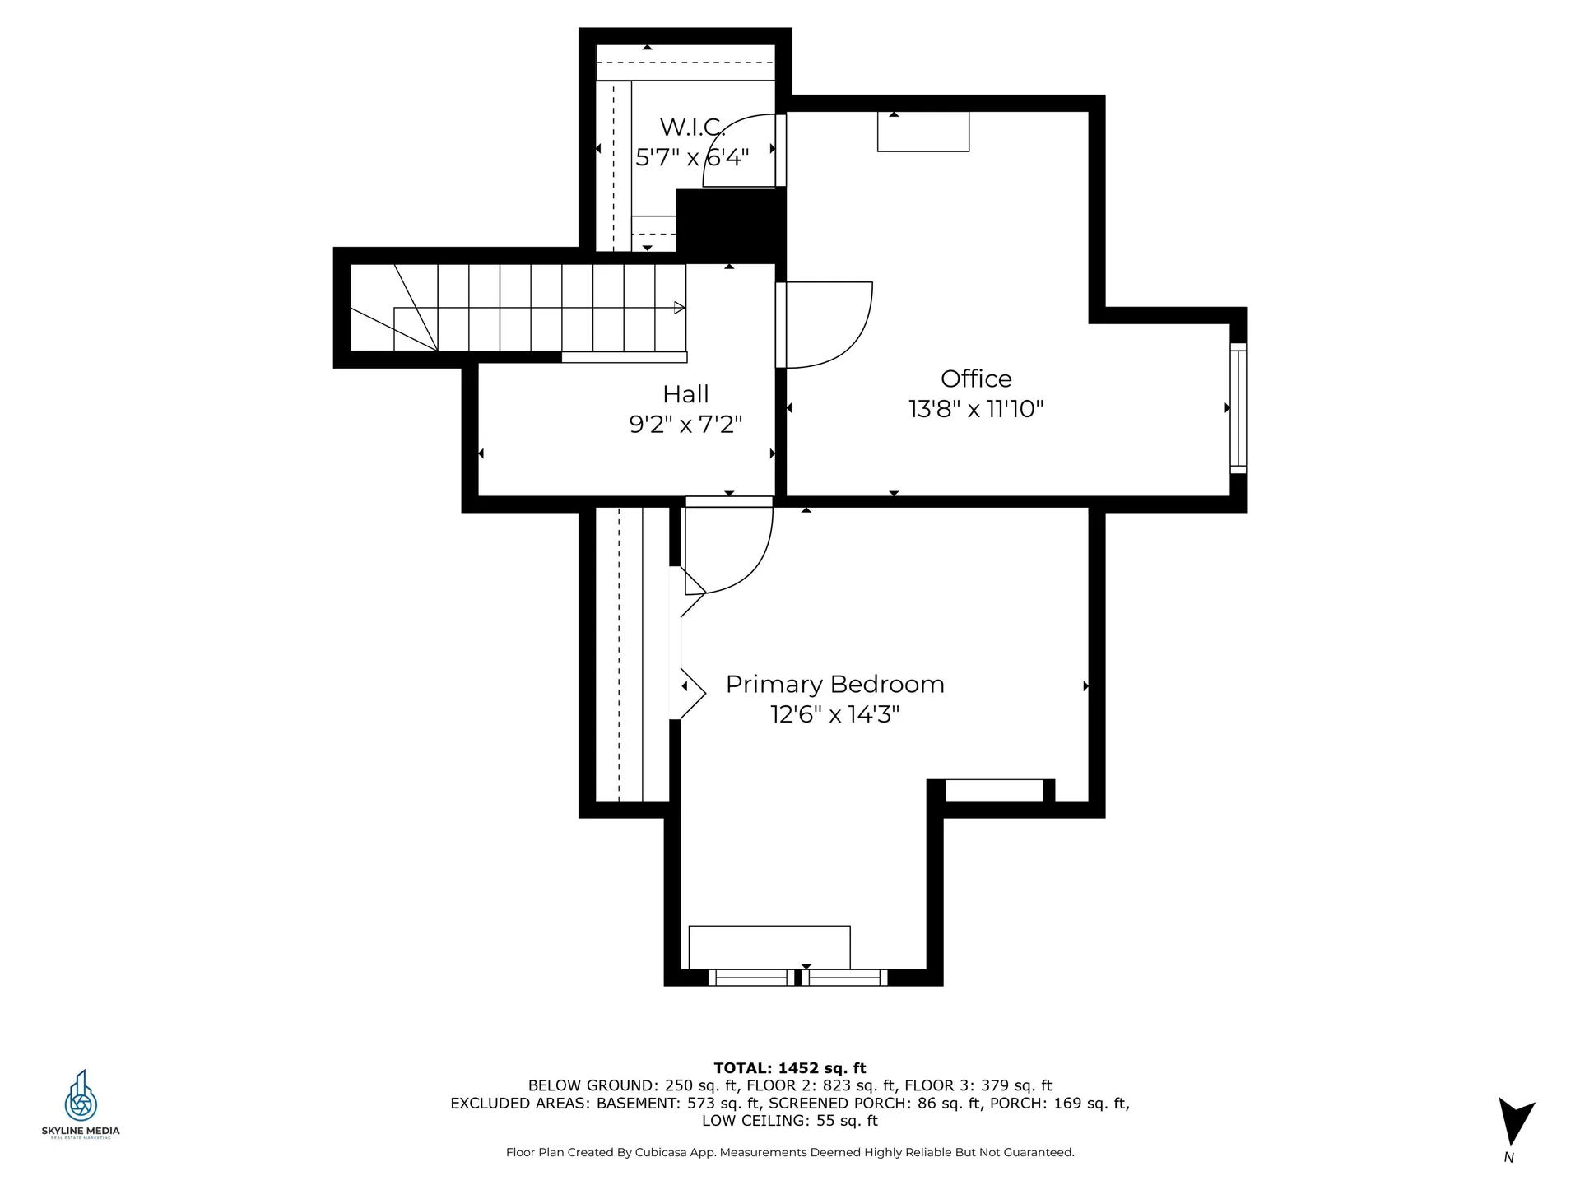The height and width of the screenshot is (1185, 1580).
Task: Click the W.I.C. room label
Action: point(693,128)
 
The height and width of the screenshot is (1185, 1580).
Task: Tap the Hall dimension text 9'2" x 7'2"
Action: point(685,425)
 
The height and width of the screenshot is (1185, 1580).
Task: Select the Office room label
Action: point(976,379)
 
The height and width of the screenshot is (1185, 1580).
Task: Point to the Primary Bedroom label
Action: point(834,685)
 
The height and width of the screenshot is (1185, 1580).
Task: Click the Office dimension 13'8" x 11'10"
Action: point(976,409)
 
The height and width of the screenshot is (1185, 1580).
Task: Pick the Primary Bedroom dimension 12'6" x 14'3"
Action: point(834,714)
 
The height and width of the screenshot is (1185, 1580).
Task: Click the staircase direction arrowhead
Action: point(680,308)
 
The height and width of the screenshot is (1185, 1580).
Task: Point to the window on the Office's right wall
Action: point(1238,408)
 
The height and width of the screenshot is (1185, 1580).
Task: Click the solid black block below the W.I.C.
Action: point(731,222)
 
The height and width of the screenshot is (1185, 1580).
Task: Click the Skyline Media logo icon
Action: point(81,1095)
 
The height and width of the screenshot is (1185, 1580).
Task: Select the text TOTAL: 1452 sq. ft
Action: point(790,1068)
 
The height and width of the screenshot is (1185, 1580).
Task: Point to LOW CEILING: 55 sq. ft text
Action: point(790,1121)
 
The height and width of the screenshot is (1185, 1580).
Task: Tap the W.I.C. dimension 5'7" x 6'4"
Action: point(692,157)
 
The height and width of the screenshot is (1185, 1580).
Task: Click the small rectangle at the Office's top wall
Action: point(923,132)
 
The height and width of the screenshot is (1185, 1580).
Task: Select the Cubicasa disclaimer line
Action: point(790,1153)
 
